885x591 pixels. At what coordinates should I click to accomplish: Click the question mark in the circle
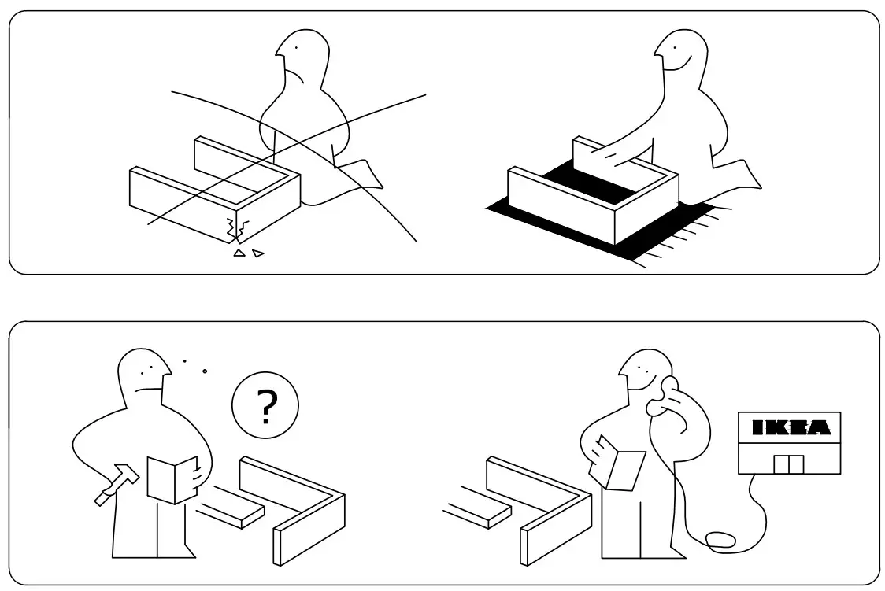(x=266, y=408)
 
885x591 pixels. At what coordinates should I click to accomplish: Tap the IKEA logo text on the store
(x=789, y=428)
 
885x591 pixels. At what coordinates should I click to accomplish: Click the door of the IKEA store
(x=788, y=464)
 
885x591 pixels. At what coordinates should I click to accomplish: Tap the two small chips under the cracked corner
(x=248, y=253)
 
